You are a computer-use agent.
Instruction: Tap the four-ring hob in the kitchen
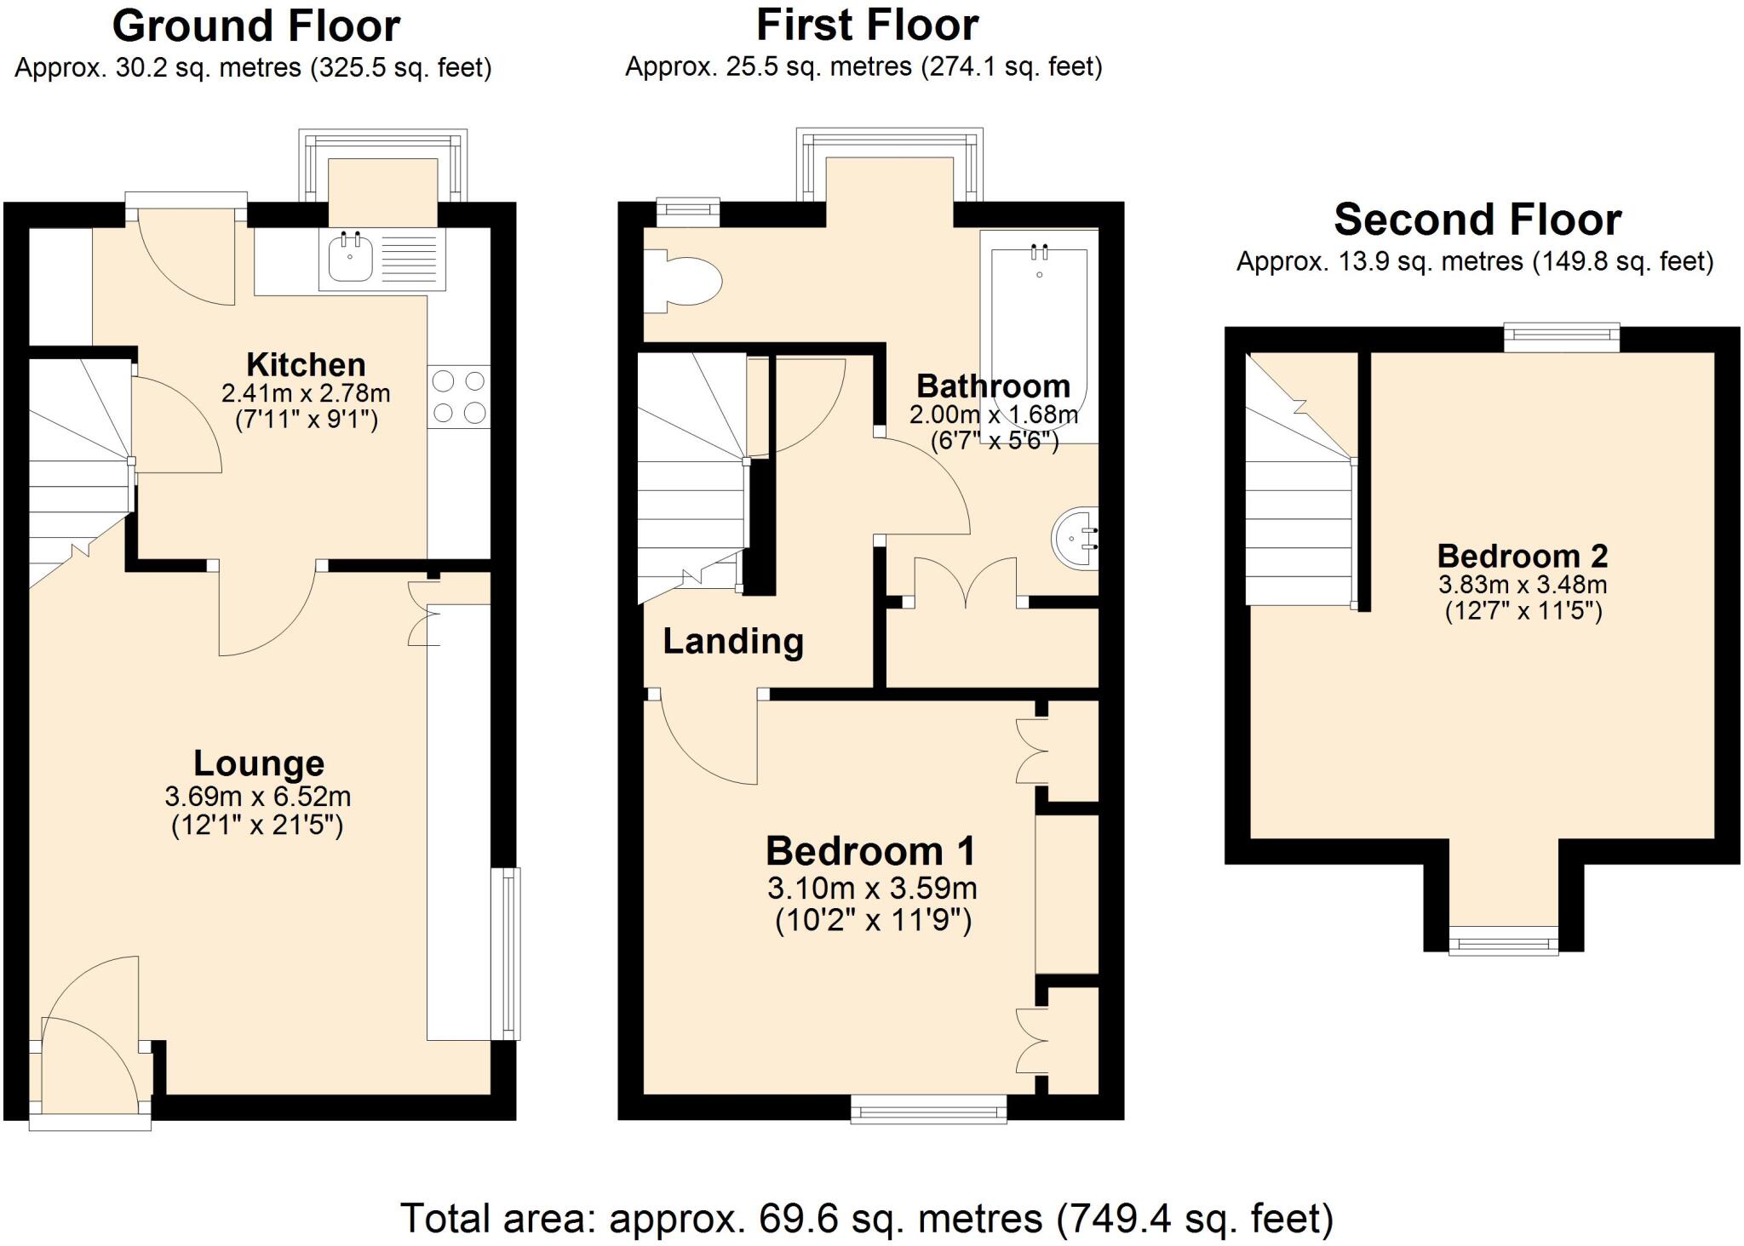click(x=459, y=397)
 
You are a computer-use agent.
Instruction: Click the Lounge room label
click(x=259, y=763)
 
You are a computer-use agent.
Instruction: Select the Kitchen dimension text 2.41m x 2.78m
click(x=306, y=393)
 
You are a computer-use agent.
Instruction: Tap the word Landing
click(x=733, y=641)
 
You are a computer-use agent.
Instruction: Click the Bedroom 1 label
click(x=870, y=850)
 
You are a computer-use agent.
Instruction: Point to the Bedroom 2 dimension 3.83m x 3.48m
click(x=1523, y=585)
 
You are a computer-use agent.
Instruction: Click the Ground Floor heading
click(x=256, y=26)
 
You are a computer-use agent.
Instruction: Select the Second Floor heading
click(x=1477, y=220)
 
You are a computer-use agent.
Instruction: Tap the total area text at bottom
click(x=866, y=1218)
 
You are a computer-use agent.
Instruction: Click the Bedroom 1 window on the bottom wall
click(x=929, y=1109)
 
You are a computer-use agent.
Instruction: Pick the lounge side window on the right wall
click(x=507, y=953)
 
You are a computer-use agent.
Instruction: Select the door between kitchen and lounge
click(x=268, y=613)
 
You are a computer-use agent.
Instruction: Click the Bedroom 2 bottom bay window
click(x=1504, y=942)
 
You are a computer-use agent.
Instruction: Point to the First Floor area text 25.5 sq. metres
click(x=863, y=66)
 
